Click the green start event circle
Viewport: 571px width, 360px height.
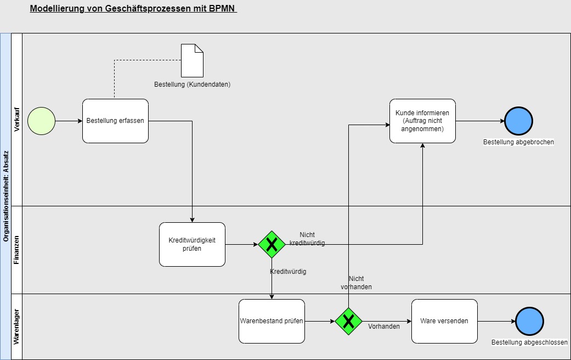tap(41, 121)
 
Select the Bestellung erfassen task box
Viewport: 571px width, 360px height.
tap(115, 121)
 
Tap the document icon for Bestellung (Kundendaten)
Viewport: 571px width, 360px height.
tap(192, 60)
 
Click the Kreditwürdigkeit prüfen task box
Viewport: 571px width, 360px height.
tap(192, 244)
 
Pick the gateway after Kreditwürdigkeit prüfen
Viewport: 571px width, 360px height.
tap(272, 244)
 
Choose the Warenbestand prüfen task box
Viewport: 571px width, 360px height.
tap(272, 321)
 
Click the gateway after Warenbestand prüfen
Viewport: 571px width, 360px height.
tap(348, 321)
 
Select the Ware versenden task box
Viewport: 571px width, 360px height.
tap(444, 321)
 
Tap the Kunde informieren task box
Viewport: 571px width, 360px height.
tap(422, 121)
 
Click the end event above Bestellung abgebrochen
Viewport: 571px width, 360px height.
tap(518, 121)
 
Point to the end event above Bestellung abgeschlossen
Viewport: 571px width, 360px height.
tap(529, 321)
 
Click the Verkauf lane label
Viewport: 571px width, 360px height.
tap(16, 119)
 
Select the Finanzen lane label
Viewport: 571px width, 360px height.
tap(16, 250)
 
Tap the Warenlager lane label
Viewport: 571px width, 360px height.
tap(16, 327)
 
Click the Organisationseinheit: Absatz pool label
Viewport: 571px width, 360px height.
tap(5, 196)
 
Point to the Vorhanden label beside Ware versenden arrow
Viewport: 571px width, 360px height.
tap(383, 326)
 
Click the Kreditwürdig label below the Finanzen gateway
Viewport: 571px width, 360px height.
tap(288, 272)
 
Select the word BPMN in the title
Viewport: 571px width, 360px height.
tap(222, 9)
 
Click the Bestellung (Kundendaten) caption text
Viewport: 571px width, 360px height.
tap(192, 85)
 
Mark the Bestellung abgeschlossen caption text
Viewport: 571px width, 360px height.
tap(529, 342)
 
